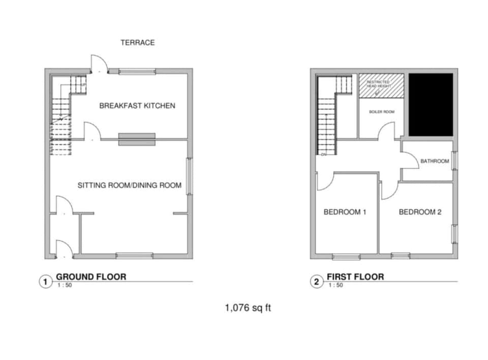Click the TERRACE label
(137, 43)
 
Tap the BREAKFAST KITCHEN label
(137, 106)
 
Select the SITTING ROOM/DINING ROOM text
(129, 186)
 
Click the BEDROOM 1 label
(345, 212)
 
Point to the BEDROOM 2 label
(420, 212)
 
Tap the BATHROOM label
(434, 162)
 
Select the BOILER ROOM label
(381, 112)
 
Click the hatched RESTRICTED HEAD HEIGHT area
(381, 85)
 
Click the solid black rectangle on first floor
(431, 105)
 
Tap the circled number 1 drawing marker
(46, 281)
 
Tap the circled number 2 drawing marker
(317, 281)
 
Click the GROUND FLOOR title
(90, 277)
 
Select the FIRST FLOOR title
(355, 277)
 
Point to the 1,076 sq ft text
(245, 308)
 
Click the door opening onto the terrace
(99, 64)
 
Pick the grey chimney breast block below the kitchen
(137, 139)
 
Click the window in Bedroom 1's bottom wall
(346, 256)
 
